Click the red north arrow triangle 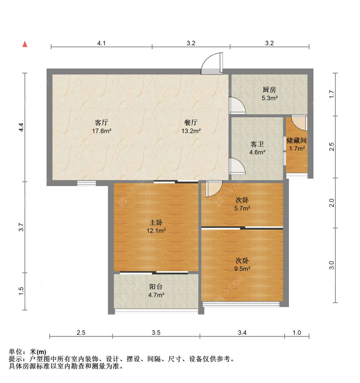pyautogui.click(x=25, y=44)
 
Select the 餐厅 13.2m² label pyautogui.click(x=191, y=127)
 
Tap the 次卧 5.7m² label pyautogui.click(x=242, y=204)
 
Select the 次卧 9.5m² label pyautogui.click(x=242, y=264)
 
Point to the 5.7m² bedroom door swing pyautogui.click(x=214, y=189)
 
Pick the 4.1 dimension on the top pyautogui.click(x=101, y=43)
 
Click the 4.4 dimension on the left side pyautogui.click(x=21, y=127)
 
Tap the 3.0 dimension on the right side pyautogui.click(x=332, y=265)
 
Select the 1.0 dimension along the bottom pyautogui.click(x=297, y=332)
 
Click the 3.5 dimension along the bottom pyautogui.click(x=156, y=332)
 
